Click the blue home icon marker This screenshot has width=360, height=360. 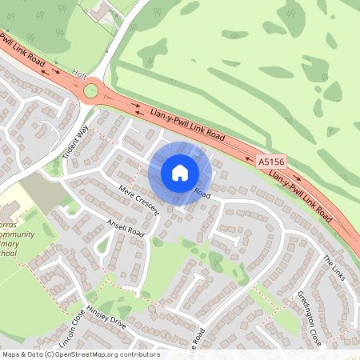[x=180, y=173]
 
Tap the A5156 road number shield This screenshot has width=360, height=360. [x=270, y=162]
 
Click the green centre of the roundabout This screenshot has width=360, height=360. [x=94, y=90]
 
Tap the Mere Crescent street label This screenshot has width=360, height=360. [x=137, y=199]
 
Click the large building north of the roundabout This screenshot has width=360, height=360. [x=103, y=12]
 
